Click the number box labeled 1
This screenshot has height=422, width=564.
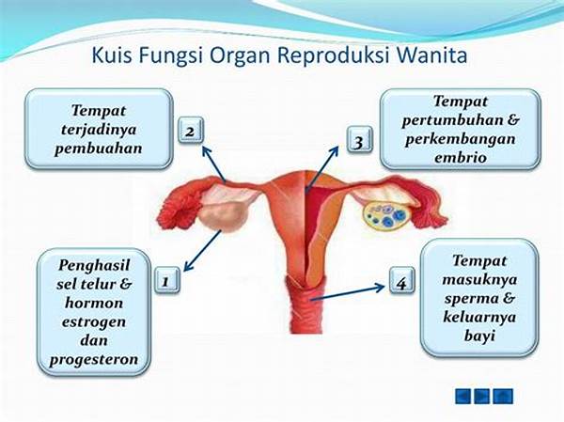(x=167, y=279)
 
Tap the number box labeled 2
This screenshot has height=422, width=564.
(x=191, y=131)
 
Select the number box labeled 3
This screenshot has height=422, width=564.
(x=359, y=139)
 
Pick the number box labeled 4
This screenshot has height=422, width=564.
(x=402, y=280)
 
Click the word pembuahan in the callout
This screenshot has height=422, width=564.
(x=98, y=148)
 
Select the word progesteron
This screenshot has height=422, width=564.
(x=94, y=359)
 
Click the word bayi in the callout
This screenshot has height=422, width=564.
(x=479, y=336)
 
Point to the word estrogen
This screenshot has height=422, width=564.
(x=94, y=321)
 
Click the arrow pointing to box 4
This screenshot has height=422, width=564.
(x=348, y=293)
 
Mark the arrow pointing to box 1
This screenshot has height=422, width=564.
(x=202, y=250)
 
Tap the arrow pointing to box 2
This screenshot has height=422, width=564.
(x=214, y=164)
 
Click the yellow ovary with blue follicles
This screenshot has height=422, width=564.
(x=384, y=216)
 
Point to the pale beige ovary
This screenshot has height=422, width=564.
(x=224, y=217)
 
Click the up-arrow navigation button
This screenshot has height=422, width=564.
(x=503, y=397)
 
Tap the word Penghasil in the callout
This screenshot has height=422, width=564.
(x=94, y=265)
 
